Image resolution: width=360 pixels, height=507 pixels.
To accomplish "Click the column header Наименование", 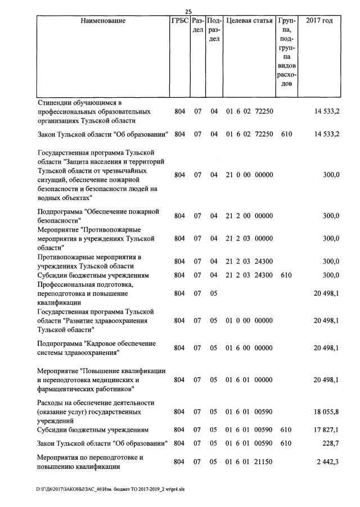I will pyautogui.click(x=103, y=21).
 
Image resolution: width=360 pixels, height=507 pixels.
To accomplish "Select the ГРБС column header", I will pyautogui.click(x=179, y=21).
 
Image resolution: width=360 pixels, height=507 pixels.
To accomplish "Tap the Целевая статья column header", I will pyautogui.click(x=249, y=21).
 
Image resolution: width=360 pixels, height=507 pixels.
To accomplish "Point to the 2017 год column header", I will pyautogui.click(x=319, y=21).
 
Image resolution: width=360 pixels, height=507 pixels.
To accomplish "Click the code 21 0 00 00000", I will pyautogui.click(x=249, y=175).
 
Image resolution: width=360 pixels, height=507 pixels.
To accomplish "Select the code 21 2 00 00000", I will pyautogui.click(x=249, y=216).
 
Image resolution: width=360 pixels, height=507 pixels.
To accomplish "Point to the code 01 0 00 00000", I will pyautogui.click(x=249, y=320).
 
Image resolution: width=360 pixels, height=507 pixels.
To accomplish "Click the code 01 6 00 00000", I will pyautogui.click(x=249, y=348).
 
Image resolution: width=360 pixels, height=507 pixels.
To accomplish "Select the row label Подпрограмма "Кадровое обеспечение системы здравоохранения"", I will pyautogui.click(x=89, y=348).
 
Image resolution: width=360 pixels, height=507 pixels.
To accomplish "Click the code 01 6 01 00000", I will pyautogui.click(x=249, y=380).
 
